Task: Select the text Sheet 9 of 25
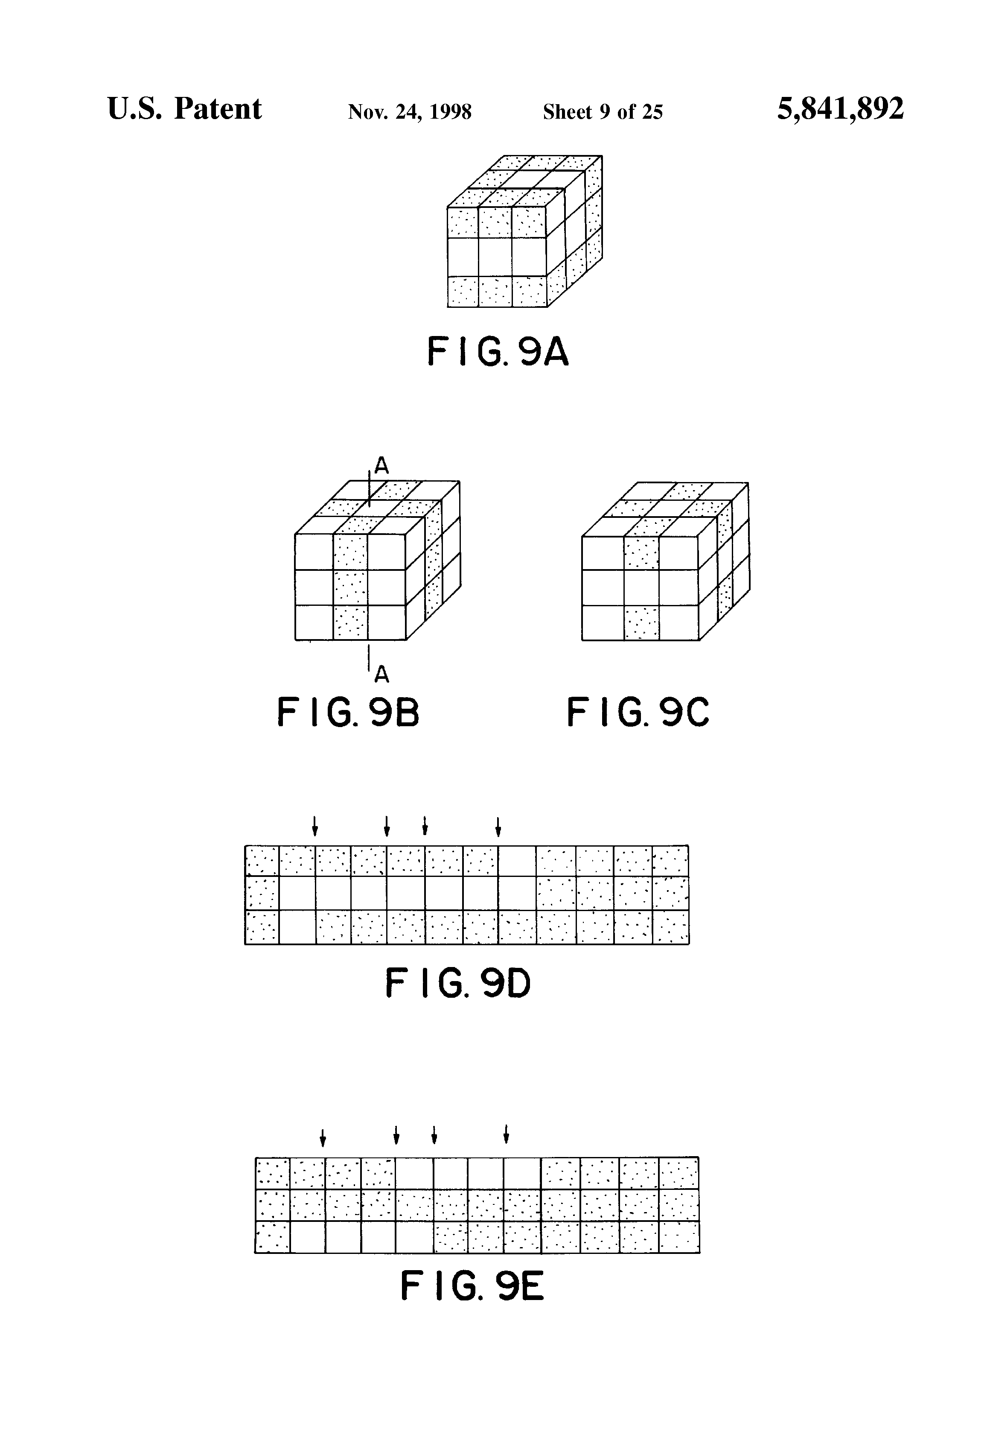pos(602,112)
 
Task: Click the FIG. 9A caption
pos(498,351)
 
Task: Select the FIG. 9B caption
pos(348,713)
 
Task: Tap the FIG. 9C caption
pos(638,713)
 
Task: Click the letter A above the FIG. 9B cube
pos(382,465)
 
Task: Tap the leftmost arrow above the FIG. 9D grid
pos(315,827)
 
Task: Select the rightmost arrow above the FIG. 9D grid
pos(498,827)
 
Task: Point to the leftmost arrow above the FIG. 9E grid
pos(323,1137)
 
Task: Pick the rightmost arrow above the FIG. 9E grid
pos(506,1134)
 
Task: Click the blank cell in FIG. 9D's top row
pos(517,861)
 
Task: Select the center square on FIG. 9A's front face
pos(495,257)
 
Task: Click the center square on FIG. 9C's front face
pos(641,587)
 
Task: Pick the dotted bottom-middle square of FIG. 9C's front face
pos(641,623)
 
